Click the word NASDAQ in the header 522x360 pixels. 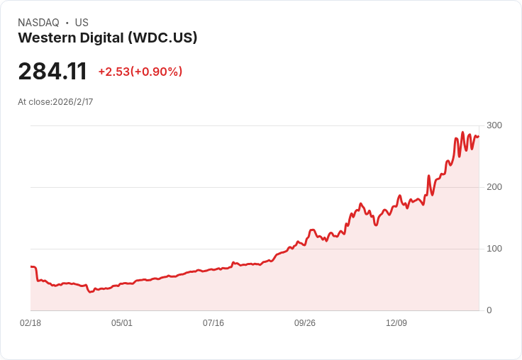coord(38,23)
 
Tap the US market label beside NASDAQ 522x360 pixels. coord(82,23)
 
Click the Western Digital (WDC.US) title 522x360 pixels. coord(107,38)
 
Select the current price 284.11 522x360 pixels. coord(52,72)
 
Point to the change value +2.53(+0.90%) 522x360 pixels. coord(140,72)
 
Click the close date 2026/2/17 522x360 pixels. coord(73,102)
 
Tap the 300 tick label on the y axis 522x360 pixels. coord(494,125)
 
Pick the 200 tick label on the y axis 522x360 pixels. coord(494,187)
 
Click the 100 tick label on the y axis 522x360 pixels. coord(494,249)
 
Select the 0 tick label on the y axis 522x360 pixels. coord(489,310)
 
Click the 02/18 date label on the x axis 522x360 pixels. coord(30,323)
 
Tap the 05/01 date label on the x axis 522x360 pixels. coord(122,323)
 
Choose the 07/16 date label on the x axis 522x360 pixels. coord(213,323)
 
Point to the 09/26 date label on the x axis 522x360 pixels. coord(305,323)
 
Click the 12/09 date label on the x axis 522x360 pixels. coord(396,323)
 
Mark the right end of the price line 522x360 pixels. coord(479,137)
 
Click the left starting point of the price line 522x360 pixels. coord(31,267)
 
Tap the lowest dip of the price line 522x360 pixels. coord(90,292)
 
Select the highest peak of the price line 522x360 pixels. coord(462,133)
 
